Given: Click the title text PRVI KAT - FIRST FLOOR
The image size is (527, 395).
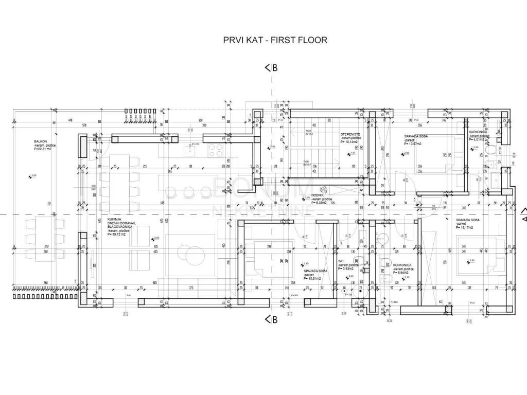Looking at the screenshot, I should (275, 40).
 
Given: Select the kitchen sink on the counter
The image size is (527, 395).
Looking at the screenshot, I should (188, 150).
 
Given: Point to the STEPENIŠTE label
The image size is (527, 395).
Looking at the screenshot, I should (350, 135).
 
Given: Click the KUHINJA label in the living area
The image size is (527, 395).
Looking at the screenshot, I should (108, 219).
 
